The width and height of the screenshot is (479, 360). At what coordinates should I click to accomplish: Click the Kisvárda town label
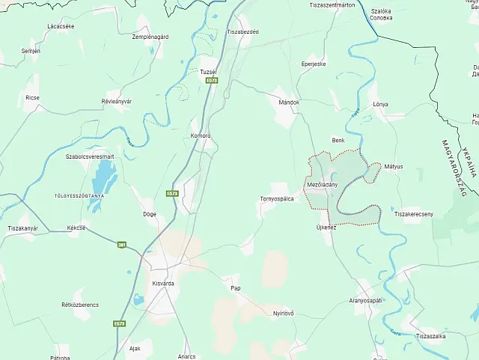pyautogui.click(x=162, y=284)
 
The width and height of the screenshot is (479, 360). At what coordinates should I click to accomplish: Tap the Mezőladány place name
pyautogui.click(x=322, y=184)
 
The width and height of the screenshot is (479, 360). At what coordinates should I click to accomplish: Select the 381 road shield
pyautogui.click(x=121, y=244)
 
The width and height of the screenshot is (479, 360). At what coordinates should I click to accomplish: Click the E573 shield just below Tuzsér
pyautogui.click(x=212, y=79)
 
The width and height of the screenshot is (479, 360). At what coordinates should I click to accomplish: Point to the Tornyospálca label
pyautogui.click(x=276, y=198)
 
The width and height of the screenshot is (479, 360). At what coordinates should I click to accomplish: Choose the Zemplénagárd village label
pyautogui.click(x=150, y=37)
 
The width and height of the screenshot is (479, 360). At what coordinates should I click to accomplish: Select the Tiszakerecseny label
pyautogui.click(x=414, y=214)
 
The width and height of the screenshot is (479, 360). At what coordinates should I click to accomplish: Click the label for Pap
pyautogui.click(x=236, y=287)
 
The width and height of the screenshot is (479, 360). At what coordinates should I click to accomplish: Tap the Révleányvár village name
pyautogui.click(x=117, y=100)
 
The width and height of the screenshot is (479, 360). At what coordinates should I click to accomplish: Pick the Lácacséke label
pyautogui.click(x=60, y=25)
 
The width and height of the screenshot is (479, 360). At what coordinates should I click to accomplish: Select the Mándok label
pyautogui.click(x=288, y=102)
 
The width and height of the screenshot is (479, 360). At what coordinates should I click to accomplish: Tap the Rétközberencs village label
pyautogui.click(x=80, y=305)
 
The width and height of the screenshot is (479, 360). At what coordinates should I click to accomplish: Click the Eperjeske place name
pyautogui.click(x=314, y=64)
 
